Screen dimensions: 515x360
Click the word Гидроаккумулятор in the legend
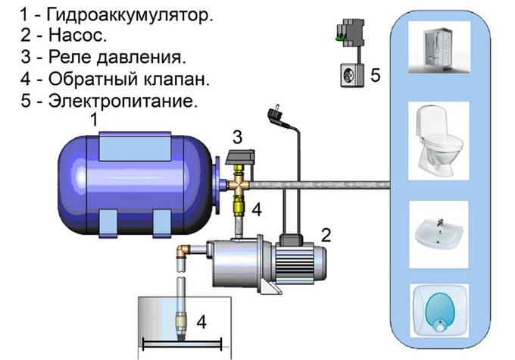point(130,15)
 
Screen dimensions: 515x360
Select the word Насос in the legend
point(77,35)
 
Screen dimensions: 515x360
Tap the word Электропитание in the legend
point(123,101)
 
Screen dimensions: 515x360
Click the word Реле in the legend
point(70,57)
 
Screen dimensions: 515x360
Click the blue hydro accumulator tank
point(135,183)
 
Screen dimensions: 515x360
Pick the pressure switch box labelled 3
point(240,157)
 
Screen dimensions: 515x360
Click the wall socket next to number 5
point(352,75)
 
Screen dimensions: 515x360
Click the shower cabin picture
point(439,47)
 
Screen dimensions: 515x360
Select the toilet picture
point(439,141)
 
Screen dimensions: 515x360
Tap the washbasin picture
point(439,234)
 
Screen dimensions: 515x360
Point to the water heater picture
point(439,310)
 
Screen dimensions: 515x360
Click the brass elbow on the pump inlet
point(183,252)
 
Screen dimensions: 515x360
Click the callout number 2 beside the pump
point(326,235)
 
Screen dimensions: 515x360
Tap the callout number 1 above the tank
point(94,119)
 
